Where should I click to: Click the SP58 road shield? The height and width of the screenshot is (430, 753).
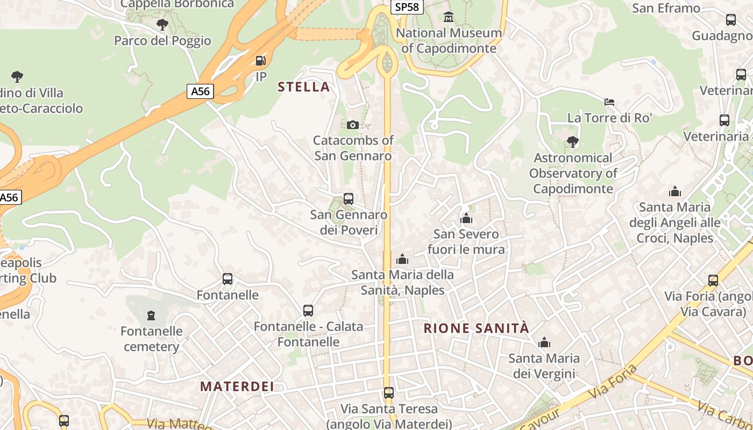(x=407, y=7)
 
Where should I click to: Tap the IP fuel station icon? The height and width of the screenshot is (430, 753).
(x=261, y=61)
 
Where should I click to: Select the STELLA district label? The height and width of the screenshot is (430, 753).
(x=303, y=87)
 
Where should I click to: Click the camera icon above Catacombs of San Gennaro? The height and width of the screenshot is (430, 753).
(x=353, y=125)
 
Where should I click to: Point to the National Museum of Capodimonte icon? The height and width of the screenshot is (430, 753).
(x=449, y=17)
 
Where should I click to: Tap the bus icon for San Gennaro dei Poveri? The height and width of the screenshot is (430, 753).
(x=349, y=199)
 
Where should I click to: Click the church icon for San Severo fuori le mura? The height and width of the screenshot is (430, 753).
(x=466, y=218)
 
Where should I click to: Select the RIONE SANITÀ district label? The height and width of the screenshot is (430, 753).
(x=477, y=328)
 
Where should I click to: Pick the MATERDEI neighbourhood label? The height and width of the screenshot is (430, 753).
(x=237, y=386)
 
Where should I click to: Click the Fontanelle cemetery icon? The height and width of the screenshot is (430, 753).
(x=151, y=315)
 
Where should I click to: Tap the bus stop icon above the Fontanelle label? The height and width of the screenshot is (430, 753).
(x=228, y=279)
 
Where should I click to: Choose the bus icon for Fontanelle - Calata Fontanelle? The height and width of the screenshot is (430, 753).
(x=308, y=310)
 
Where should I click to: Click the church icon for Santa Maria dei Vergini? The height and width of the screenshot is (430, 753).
(x=544, y=342)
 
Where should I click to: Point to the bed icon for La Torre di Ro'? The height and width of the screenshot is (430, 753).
(x=609, y=102)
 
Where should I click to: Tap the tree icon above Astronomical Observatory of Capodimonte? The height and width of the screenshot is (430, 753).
(x=573, y=142)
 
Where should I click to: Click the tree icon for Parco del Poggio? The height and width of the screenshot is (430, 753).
(x=162, y=25)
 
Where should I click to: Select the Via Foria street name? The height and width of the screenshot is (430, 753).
(x=613, y=381)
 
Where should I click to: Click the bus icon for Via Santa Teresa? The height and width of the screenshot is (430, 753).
(x=389, y=393)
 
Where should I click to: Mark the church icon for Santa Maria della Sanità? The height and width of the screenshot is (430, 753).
(x=402, y=259)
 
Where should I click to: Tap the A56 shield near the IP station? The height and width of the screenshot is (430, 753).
(x=201, y=91)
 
